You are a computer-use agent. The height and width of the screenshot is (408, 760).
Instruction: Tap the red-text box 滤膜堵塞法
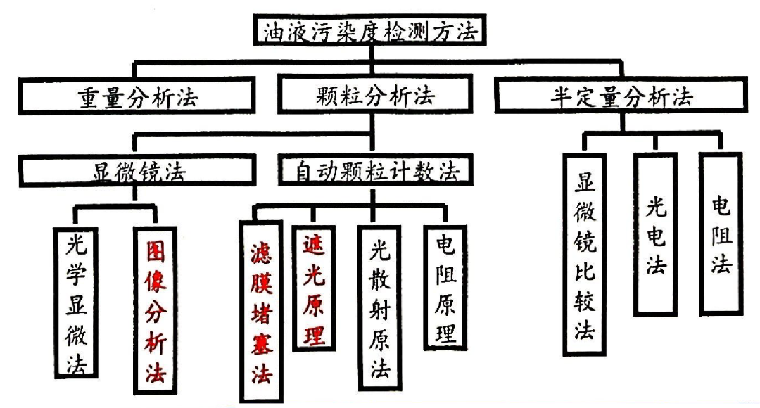(262, 310)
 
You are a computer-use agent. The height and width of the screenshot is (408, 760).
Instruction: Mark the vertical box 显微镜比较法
(585, 254)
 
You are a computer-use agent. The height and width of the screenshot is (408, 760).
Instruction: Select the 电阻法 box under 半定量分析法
(721, 233)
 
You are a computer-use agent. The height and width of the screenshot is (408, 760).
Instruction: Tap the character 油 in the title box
(275, 32)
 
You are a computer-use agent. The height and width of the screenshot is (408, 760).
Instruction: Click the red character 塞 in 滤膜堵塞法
(262, 343)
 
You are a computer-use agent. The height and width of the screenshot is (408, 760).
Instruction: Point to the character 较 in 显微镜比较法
(585, 302)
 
